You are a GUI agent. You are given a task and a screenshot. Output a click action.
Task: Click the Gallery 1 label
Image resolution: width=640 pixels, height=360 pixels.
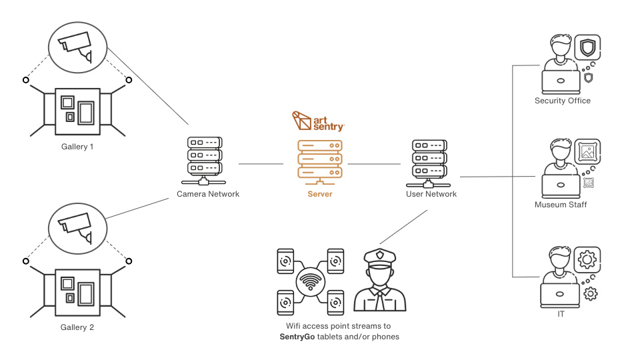(77, 147)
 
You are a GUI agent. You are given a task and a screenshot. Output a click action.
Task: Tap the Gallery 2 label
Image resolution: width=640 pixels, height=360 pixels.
(77, 328)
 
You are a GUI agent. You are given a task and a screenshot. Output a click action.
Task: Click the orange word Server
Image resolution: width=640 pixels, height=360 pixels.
(319, 194)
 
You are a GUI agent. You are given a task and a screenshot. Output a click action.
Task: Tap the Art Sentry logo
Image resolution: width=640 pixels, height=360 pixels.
(318, 121)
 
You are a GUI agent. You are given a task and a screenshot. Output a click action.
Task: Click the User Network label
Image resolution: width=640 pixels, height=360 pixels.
(431, 194)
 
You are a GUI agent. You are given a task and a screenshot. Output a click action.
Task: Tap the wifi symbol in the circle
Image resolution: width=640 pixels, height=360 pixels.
(310, 282)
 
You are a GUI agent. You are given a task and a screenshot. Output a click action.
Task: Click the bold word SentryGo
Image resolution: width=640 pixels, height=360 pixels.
(301, 337)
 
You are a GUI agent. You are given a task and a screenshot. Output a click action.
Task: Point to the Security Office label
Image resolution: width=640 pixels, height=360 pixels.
(562, 101)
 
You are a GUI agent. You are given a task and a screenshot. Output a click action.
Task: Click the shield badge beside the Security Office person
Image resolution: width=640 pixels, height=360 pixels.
(587, 49)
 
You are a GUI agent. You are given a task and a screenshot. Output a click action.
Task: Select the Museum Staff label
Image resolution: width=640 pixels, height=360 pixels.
(561, 205)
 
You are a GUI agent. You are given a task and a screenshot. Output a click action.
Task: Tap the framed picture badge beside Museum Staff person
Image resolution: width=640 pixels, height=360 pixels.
(587, 151)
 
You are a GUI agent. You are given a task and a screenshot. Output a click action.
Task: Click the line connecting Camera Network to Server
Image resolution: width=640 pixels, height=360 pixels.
(261, 163)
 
